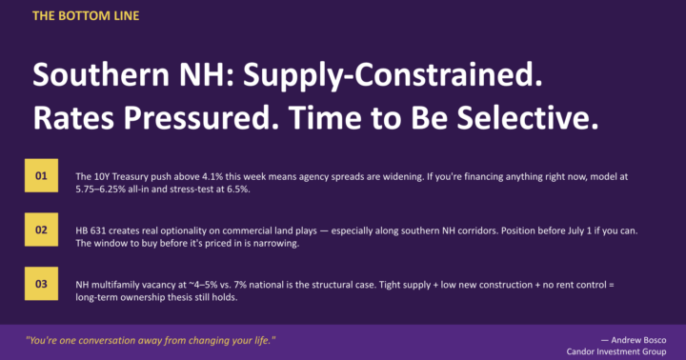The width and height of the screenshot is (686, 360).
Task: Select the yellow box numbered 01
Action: [x=41, y=176]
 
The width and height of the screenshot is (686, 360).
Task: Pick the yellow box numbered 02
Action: [x=41, y=230]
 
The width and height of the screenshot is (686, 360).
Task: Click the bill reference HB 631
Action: [x=92, y=230]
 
